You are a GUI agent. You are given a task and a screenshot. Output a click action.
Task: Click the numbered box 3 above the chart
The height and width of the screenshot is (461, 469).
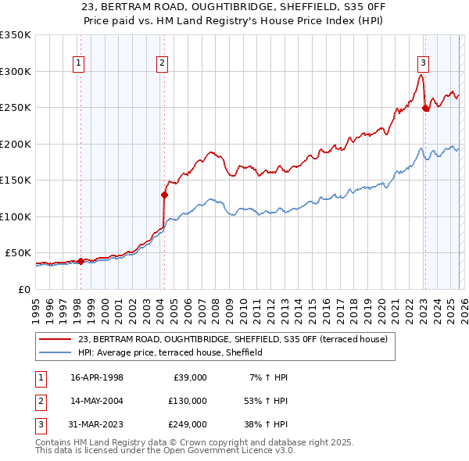tap(423, 64)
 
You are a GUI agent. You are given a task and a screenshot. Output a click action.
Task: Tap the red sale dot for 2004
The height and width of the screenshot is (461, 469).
tap(164, 195)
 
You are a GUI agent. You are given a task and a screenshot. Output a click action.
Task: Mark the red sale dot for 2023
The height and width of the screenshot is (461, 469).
tap(425, 109)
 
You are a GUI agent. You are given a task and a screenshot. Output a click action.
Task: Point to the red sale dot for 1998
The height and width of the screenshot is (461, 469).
tap(81, 261)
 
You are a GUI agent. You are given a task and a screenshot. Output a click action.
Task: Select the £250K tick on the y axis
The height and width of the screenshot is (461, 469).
tap(15, 107)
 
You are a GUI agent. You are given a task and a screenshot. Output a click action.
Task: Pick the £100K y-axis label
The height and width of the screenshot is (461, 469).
tap(15, 216)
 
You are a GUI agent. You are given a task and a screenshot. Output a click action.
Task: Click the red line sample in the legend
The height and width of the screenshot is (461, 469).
tap(55, 339)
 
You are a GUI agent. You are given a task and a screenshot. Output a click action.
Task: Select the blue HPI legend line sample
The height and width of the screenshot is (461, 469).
tap(55, 352)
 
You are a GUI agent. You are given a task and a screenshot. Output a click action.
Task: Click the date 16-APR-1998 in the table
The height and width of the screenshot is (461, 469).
tap(97, 377)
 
